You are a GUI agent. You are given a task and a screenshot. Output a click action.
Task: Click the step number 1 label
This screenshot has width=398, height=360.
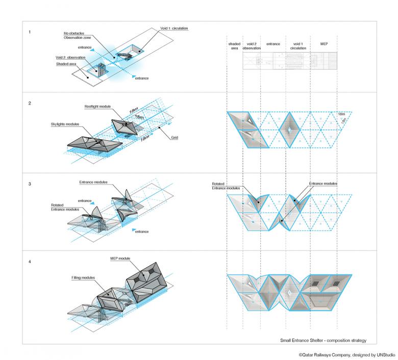pyautogui.click(x=30, y=32)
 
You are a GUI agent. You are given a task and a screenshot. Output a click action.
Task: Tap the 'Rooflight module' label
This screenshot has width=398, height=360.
pyautogui.click(x=97, y=107)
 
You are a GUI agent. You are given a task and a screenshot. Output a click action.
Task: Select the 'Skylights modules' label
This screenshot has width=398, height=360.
pyautogui.click(x=65, y=124)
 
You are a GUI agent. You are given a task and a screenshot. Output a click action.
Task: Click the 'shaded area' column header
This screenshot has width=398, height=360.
pyautogui.click(x=234, y=46)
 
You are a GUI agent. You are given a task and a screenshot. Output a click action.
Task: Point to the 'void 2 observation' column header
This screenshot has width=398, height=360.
pyautogui.click(x=252, y=46)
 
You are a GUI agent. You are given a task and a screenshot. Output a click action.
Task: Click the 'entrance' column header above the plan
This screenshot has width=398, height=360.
pyautogui.click(x=273, y=44)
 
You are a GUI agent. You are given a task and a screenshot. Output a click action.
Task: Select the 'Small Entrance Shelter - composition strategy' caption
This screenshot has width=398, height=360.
pyautogui.click(x=323, y=340)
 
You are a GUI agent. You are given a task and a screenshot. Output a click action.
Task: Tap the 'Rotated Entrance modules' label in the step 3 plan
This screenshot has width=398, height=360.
pyautogui.click(x=226, y=186)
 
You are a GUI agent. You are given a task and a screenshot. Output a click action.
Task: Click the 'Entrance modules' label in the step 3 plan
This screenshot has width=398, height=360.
pyautogui.click(x=322, y=183)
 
